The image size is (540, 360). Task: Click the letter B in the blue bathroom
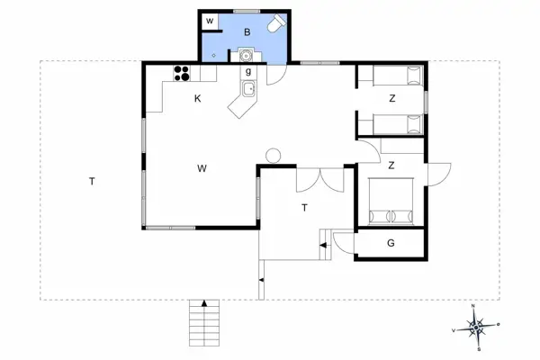246,33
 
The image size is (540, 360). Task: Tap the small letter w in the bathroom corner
209,20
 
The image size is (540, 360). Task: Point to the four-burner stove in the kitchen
182,74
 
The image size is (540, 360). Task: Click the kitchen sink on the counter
248,88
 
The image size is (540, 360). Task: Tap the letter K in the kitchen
197,99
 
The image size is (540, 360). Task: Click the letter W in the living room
202,167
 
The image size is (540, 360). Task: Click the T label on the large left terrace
92,182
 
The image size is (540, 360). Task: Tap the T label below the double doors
305,207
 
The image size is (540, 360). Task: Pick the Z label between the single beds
392,99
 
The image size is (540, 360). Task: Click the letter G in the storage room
391,243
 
